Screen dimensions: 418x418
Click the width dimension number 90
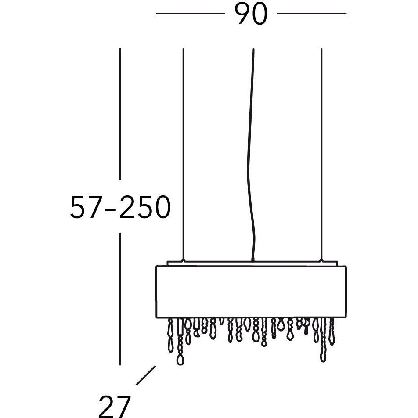point(251,14)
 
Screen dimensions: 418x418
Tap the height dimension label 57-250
point(120,207)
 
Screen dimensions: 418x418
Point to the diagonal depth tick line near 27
point(146,375)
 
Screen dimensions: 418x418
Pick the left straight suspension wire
point(183,154)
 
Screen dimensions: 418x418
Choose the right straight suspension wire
point(321,154)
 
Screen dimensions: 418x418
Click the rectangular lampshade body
point(251,292)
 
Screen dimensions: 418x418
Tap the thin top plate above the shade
point(252,263)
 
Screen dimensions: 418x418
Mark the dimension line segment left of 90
point(191,13)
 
